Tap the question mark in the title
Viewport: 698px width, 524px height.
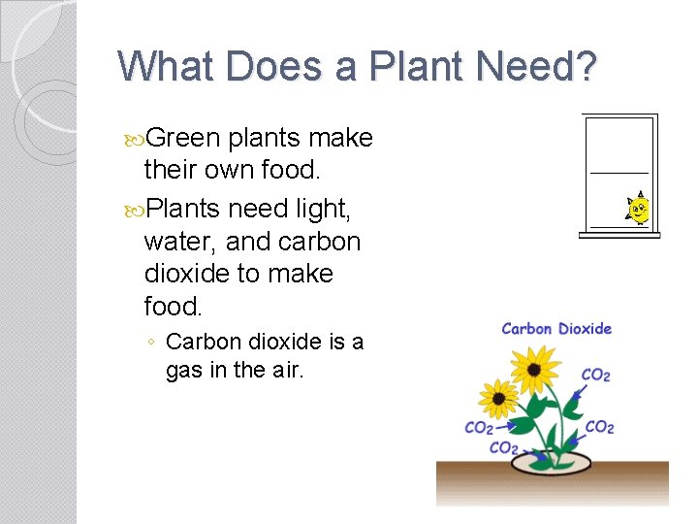[585, 66]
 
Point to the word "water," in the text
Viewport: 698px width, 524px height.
[180, 241]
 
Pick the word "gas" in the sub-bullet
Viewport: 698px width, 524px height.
[182, 369]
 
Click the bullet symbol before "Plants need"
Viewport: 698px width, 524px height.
[134, 207]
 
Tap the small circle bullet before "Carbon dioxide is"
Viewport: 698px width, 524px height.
[151, 342]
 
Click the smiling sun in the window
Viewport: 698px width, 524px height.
[638, 210]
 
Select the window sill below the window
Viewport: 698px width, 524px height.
[619, 234]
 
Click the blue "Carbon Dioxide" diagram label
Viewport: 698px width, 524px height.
[556, 329]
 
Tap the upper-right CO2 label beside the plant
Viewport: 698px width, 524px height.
[595, 376]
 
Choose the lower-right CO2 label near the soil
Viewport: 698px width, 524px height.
[599, 427]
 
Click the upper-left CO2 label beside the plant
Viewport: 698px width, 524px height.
[479, 428]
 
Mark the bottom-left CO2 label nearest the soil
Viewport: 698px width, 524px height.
[503, 447]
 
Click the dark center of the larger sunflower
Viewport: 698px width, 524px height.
[534, 369]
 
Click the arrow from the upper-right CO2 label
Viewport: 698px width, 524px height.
[580, 390]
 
